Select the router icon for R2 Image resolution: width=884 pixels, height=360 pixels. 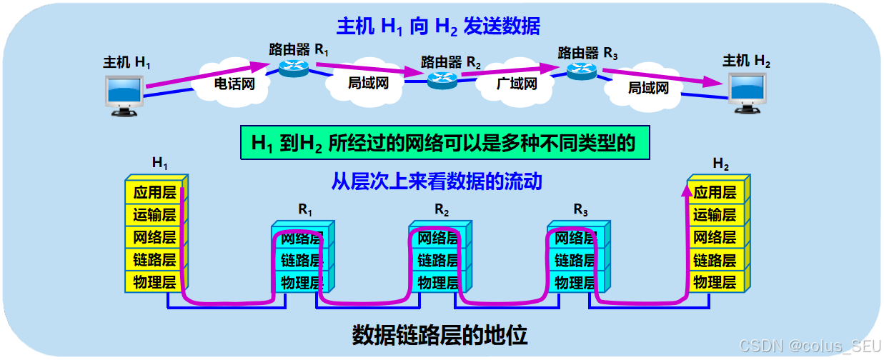click(x=442, y=80)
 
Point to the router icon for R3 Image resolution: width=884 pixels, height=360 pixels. click(x=581, y=69)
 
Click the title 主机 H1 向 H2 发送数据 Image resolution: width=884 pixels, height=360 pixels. click(x=438, y=27)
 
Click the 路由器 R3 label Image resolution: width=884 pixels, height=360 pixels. click(x=587, y=52)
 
